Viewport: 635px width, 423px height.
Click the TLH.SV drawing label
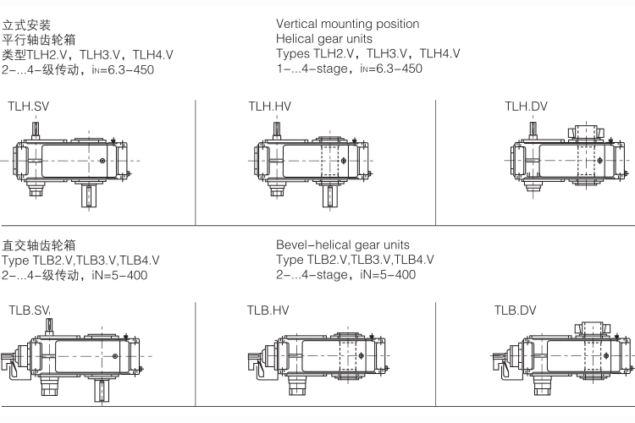[x=28, y=107]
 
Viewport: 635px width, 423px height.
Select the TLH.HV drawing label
[x=270, y=107]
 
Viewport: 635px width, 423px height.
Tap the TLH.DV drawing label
[x=526, y=107]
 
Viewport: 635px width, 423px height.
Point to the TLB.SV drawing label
[x=29, y=310]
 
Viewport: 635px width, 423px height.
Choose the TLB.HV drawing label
[x=268, y=310]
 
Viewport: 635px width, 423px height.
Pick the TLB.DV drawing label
[x=515, y=310]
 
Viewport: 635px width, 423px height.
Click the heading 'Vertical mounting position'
[x=347, y=25]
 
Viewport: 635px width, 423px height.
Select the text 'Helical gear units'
[x=324, y=39]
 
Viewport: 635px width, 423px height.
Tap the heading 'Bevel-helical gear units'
[x=343, y=244]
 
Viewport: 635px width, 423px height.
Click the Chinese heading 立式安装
[x=26, y=25]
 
